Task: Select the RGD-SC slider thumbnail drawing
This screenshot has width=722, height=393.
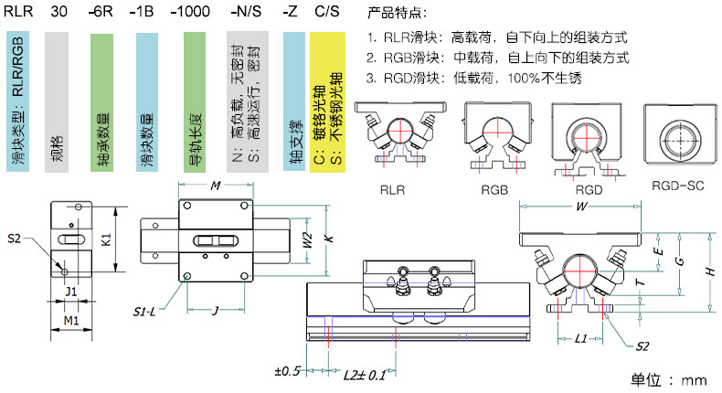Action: tap(677, 136)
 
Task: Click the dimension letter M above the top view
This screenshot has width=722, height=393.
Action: tap(216, 186)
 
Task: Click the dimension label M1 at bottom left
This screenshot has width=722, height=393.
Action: tap(70, 319)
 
